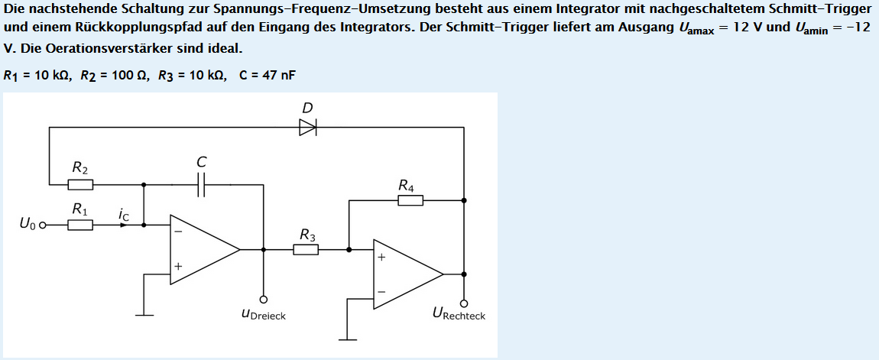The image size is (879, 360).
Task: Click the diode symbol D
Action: tap(307, 128)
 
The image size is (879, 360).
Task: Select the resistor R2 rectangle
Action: tap(80, 184)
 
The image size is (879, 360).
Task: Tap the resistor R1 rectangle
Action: tap(80, 225)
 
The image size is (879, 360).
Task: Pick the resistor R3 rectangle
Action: tap(306, 249)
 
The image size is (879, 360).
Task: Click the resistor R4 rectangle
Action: tap(410, 200)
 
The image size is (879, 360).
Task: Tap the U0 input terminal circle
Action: tap(43, 225)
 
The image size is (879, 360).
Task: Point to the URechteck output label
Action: tap(459, 314)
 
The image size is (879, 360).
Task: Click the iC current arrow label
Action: tap(124, 216)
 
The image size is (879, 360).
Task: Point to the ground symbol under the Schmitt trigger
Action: tap(348, 339)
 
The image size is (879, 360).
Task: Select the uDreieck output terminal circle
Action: tap(264, 299)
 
